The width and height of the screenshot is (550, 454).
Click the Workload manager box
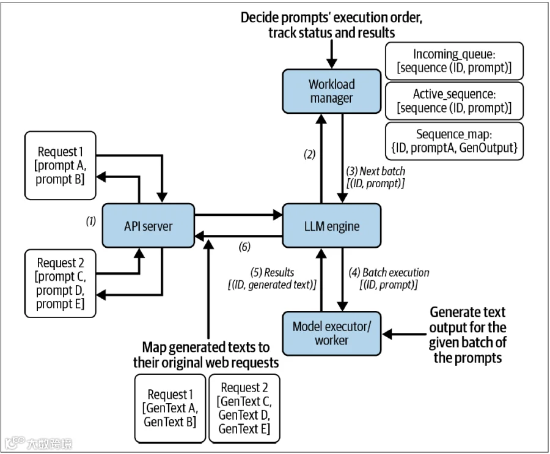click(331, 91)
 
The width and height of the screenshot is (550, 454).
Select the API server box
click(148, 226)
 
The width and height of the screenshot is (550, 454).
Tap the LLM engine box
click(331, 226)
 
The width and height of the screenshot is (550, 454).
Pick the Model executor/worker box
click(331, 333)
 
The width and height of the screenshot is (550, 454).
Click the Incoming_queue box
click(454, 61)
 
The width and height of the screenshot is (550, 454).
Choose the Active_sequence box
click(454, 101)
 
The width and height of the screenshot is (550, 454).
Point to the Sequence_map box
click(454, 141)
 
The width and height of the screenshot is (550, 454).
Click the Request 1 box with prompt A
click(61, 165)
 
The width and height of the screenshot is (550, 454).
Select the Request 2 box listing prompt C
click(61, 283)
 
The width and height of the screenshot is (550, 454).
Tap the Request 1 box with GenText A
click(170, 408)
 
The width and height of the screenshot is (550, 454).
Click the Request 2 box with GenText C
click(244, 408)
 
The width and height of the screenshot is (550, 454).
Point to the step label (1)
click(91, 221)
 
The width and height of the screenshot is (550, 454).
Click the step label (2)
click(309, 154)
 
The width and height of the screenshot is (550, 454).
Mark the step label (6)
click(244, 247)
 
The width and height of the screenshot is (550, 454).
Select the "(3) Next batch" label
click(375, 171)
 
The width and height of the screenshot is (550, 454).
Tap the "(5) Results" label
click(272, 272)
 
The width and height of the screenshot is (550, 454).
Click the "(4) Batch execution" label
click(389, 272)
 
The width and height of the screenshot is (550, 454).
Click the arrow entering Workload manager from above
click(331, 54)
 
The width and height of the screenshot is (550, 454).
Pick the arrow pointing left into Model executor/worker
click(404, 334)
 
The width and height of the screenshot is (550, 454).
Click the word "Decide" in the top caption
click(259, 18)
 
